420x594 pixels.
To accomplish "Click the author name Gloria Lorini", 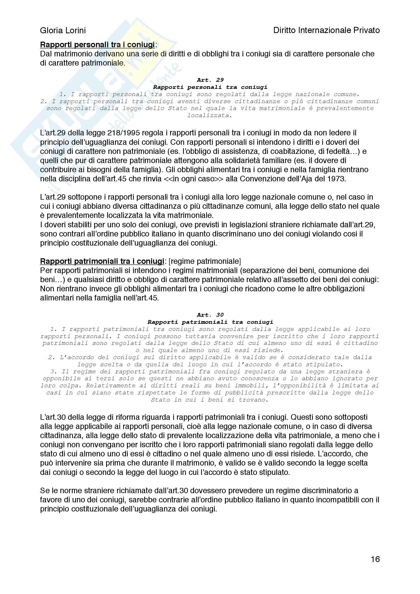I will [63, 30].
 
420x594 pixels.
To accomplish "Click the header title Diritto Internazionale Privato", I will [326, 30].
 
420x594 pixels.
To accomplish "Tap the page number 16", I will [375, 559].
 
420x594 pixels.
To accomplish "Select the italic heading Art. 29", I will [210, 80].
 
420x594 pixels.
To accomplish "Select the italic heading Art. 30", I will [210, 315].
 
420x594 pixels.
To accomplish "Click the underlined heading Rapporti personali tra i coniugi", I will [97, 45].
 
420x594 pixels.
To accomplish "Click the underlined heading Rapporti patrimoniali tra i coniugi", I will [102, 261].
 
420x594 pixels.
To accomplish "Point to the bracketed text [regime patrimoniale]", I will [205, 261].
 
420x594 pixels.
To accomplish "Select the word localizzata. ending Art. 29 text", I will [210, 115].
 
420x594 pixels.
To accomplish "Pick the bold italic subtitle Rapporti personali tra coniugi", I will [210, 87].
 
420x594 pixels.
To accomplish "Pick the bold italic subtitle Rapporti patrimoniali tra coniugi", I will [210, 322].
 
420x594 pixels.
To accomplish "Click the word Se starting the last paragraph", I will [44, 491].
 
